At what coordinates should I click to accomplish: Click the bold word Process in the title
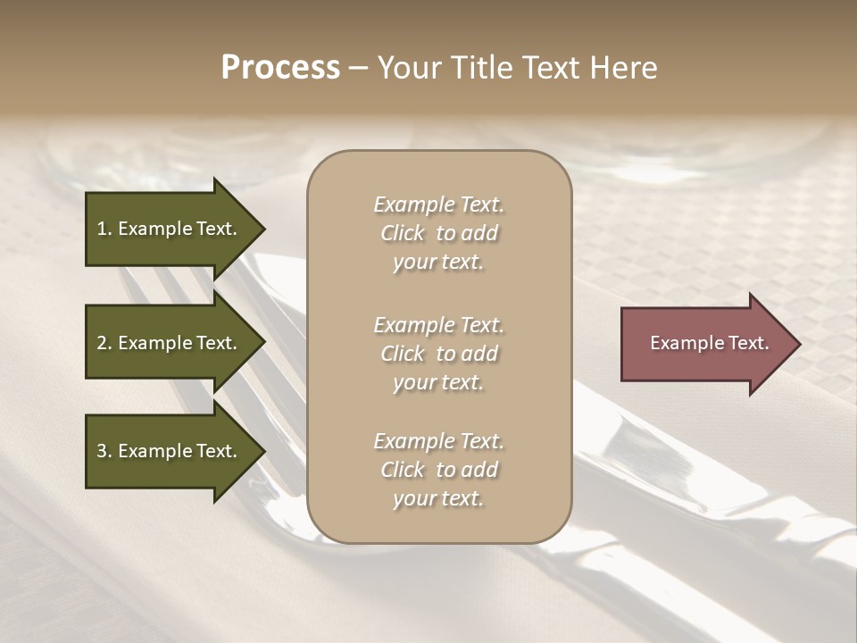[x=280, y=68]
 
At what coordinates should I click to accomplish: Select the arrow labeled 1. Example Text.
[x=170, y=229]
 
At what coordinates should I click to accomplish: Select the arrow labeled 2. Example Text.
[x=170, y=343]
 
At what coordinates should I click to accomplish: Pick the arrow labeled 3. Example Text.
[x=170, y=451]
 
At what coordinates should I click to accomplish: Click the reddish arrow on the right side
[x=705, y=343]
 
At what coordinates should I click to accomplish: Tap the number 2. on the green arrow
[x=104, y=343]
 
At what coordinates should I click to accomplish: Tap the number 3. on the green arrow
[x=104, y=451]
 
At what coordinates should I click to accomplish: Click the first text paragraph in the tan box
[x=438, y=233]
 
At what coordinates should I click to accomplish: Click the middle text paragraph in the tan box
[x=438, y=353]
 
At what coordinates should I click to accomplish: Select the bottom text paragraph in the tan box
[x=438, y=470]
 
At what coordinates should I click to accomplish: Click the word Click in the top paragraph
[x=402, y=233]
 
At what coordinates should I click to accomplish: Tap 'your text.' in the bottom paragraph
[x=438, y=498]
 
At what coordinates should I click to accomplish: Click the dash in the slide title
[x=358, y=69]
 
